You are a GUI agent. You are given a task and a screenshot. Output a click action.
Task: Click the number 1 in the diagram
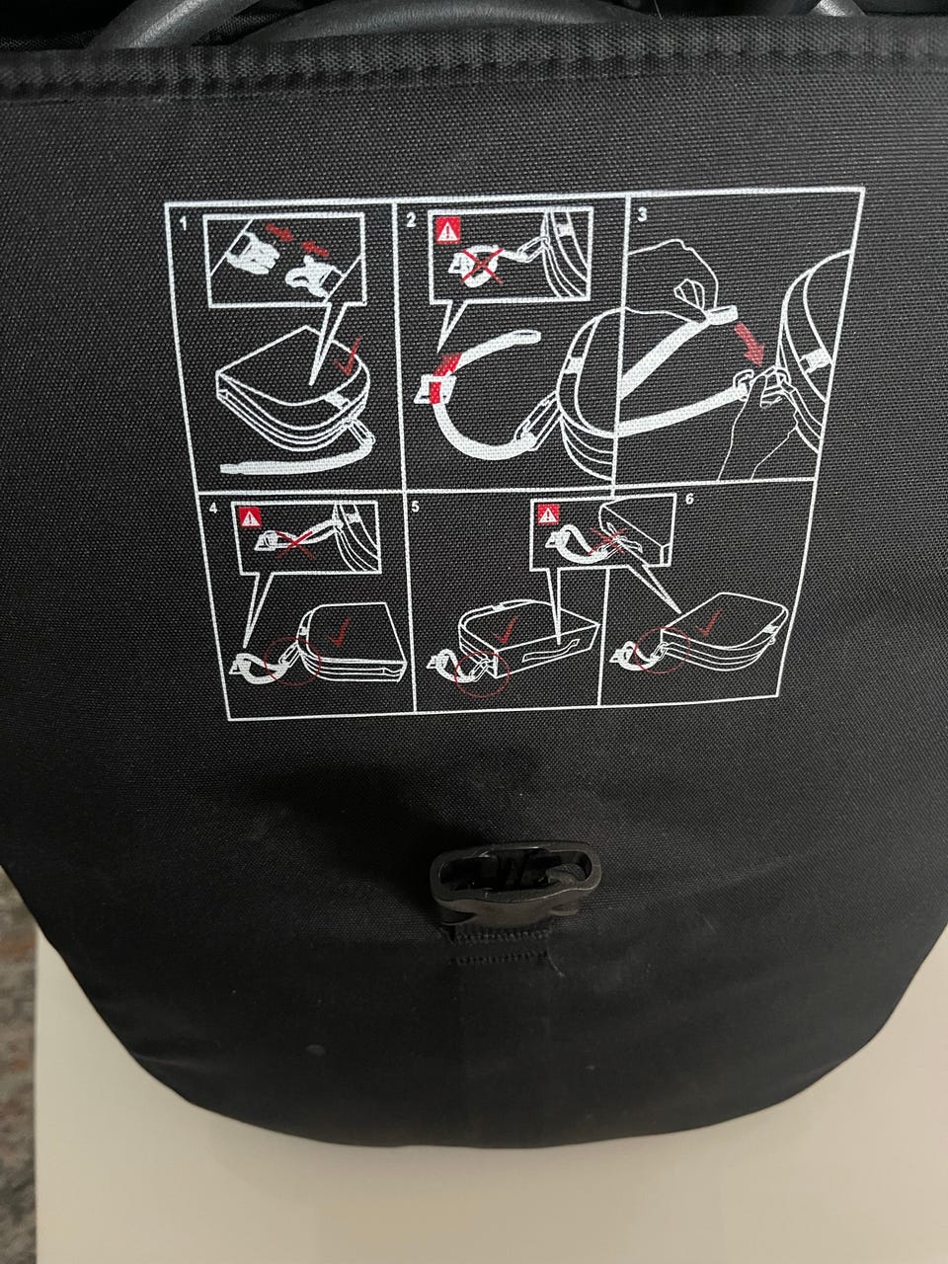click(x=184, y=223)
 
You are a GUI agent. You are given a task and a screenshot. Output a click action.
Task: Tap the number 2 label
click(x=411, y=220)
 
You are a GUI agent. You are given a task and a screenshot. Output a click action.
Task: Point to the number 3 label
click(x=642, y=215)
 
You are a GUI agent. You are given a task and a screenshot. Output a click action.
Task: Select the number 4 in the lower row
click(x=214, y=509)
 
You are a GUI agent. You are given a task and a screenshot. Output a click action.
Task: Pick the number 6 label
click(x=690, y=499)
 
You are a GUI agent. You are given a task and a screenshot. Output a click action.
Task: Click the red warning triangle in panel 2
click(x=447, y=230)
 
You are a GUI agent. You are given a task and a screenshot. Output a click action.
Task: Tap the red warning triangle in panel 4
click(x=250, y=517)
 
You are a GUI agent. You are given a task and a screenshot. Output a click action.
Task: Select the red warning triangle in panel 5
click(x=547, y=513)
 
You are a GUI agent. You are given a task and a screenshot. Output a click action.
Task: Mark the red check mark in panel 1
click(x=349, y=356)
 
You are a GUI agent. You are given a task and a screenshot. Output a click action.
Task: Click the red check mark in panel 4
click(x=341, y=632)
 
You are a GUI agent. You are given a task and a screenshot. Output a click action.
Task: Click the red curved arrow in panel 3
click(x=749, y=345)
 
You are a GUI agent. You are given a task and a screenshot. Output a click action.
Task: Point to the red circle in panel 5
click(x=481, y=672)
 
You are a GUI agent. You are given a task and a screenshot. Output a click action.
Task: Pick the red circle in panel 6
click(x=660, y=650)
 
